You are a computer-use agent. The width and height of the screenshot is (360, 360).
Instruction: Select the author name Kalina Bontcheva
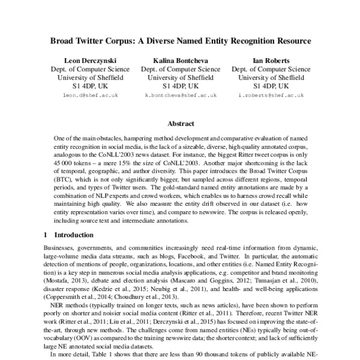[180, 61]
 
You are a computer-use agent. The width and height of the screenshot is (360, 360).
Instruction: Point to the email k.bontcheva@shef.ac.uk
[180, 95]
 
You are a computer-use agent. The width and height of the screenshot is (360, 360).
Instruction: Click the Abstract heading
[180, 124]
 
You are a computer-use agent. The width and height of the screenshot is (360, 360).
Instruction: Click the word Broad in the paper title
[63, 42]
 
